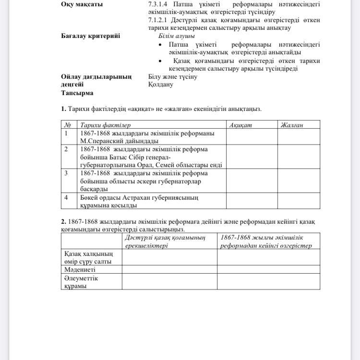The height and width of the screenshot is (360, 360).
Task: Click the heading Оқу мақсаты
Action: tap(82, 4)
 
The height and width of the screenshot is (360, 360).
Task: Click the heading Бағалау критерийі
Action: tap(90, 36)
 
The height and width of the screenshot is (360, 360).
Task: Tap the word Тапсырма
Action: tap(77, 93)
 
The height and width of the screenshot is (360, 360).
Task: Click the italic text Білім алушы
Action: tap(177, 36)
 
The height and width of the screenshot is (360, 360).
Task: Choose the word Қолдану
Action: tap(161, 84)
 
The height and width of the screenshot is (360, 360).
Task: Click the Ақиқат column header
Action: tap(240, 125)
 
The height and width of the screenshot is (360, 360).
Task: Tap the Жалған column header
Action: tap(292, 125)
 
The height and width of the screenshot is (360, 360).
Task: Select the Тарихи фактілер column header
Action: tap(105, 125)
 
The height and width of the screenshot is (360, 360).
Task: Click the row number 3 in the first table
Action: tap(66, 173)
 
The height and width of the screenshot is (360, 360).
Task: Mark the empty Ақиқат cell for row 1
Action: tap(252, 137)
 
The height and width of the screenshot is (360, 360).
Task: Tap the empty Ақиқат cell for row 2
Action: tap(252, 156)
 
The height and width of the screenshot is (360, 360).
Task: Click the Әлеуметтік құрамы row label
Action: tap(81, 282)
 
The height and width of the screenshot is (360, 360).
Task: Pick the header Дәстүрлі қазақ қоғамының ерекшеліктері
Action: tap(165, 241)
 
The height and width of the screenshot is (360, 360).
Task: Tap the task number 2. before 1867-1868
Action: tap(63, 222)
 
